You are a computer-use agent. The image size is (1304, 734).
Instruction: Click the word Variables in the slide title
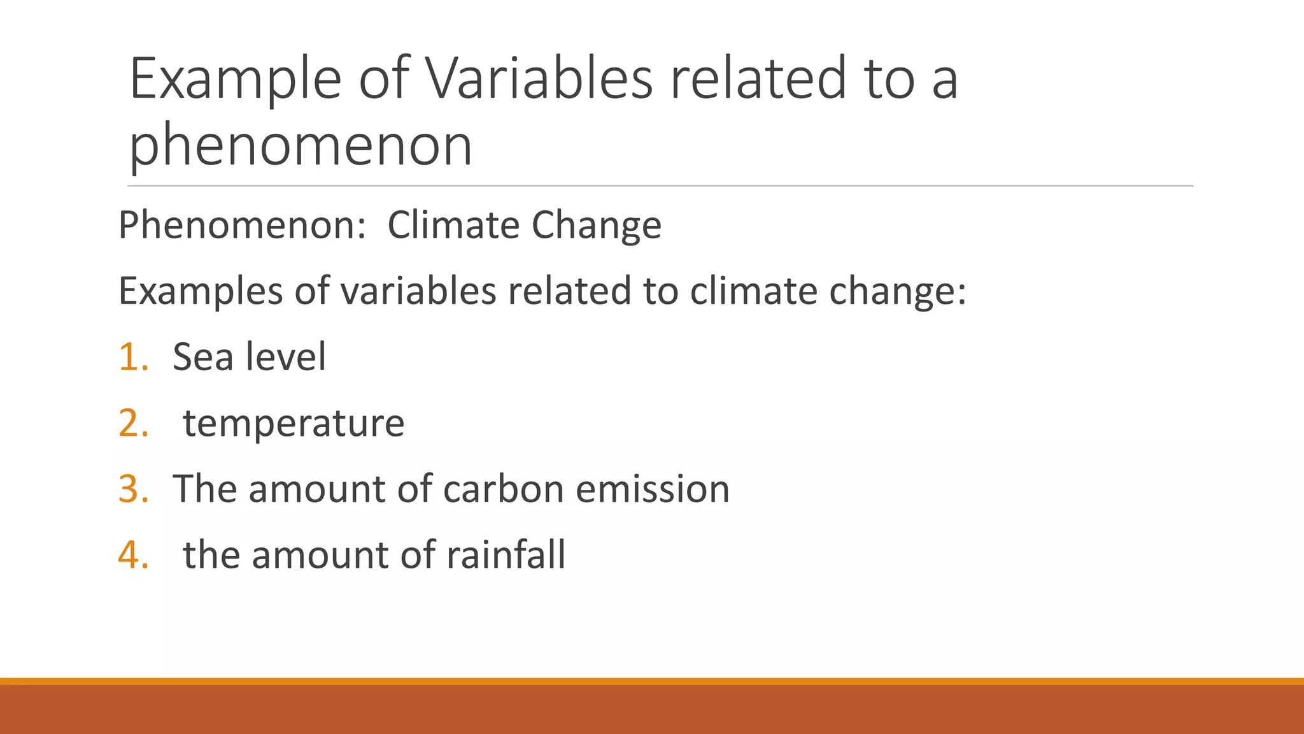[x=539, y=78]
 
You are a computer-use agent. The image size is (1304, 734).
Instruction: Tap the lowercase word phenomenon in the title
[x=301, y=146]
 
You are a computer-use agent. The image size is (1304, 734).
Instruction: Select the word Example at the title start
[x=236, y=78]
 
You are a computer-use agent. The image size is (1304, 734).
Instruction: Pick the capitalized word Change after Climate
[x=597, y=225]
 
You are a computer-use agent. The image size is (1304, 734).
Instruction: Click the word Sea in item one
[x=202, y=357]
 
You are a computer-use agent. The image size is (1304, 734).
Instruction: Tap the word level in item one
[x=286, y=357]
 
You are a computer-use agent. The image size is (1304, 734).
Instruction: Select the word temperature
[x=294, y=423]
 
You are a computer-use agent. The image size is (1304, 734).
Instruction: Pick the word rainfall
[x=506, y=555]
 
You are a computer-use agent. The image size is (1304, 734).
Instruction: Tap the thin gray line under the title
[x=660, y=186]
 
